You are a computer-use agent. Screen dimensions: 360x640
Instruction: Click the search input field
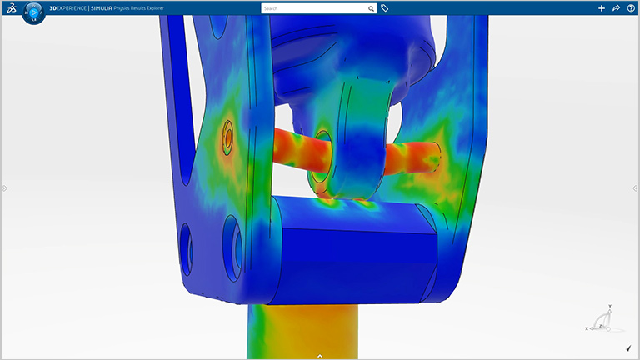313,8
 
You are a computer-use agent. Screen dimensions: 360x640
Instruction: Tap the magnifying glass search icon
372,8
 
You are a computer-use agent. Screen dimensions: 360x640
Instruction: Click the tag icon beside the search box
385,8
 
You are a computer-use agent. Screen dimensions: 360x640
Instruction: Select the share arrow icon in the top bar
616,8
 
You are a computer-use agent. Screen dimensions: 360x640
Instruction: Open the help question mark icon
631,8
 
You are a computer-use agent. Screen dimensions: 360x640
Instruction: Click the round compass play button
33,12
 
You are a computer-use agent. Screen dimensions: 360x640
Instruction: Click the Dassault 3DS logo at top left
10,8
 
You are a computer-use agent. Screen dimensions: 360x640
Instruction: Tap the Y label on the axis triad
612,306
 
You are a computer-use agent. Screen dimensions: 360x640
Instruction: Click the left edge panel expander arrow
4,188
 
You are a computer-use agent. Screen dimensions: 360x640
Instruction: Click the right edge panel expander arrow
635,188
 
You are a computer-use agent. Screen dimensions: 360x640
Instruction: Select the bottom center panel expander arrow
320,356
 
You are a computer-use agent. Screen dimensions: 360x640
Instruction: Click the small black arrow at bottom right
627,348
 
